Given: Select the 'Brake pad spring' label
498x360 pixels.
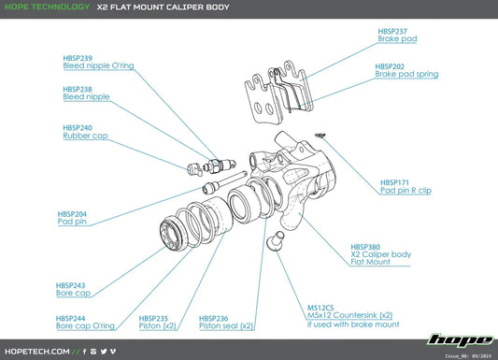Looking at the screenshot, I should (x=406, y=74).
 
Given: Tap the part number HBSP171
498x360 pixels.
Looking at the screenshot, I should (x=395, y=181).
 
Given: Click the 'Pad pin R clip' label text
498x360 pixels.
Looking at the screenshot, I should (x=406, y=190).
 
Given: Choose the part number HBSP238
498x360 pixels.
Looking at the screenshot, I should (x=79, y=89).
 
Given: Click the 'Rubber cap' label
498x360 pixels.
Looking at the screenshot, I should (x=84, y=136).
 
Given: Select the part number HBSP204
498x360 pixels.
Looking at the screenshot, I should (x=74, y=213).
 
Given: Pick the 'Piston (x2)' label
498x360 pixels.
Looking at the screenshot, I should (x=157, y=326).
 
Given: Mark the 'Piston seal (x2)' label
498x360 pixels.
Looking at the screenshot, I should (x=226, y=326).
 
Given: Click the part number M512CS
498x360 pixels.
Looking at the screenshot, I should (x=320, y=307).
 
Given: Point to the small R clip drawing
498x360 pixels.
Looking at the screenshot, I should (x=320, y=134).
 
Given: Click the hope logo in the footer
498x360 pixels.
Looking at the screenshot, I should (x=457, y=340).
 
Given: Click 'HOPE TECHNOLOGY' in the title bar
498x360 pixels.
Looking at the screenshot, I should (x=46, y=8).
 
